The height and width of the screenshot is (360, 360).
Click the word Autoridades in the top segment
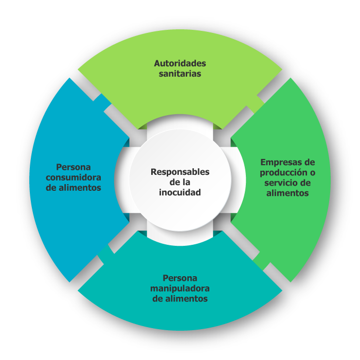(180, 63)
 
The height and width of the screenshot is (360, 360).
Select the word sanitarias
(180, 74)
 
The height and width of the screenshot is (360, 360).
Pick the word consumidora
(74, 177)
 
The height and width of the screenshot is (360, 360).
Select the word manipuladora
(180, 288)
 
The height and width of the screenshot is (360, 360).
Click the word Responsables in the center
(180, 171)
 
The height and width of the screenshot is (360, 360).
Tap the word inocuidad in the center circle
(180, 192)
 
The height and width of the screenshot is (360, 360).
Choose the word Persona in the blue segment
(74, 167)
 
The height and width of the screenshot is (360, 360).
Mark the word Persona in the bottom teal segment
(180, 278)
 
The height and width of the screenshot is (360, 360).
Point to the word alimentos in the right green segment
(287, 193)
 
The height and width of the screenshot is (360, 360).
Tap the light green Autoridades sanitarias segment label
(180, 68)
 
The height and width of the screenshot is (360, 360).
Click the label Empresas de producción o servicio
(287, 177)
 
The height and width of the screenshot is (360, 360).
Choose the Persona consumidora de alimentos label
(74, 177)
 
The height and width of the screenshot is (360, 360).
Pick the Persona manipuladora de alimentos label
(180, 288)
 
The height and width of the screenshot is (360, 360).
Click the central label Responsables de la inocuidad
(180, 182)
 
